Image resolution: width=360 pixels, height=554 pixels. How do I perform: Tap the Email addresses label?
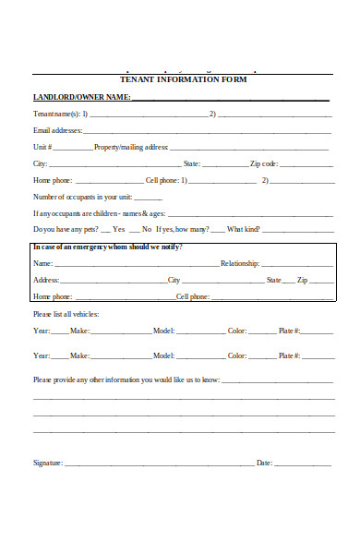click(x=56, y=130)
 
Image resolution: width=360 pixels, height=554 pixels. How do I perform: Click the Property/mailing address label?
click(x=131, y=147)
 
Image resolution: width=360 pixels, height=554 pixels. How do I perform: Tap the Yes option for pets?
click(x=118, y=229)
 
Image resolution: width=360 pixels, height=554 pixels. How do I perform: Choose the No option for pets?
click(x=147, y=229)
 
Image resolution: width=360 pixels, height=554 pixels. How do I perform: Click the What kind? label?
click(x=244, y=229)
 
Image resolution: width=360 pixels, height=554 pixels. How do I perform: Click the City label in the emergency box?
click(x=174, y=280)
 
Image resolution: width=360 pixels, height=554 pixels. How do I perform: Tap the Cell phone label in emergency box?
click(x=193, y=297)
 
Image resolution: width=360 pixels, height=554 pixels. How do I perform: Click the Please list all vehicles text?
click(x=66, y=315)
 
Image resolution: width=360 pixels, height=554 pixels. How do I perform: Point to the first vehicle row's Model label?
click(x=163, y=331)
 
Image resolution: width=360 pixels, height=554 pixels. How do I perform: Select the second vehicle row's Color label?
click(x=237, y=355)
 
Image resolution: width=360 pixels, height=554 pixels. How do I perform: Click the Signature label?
click(x=48, y=463)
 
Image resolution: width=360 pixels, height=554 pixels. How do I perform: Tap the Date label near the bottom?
click(x=264, y=463)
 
